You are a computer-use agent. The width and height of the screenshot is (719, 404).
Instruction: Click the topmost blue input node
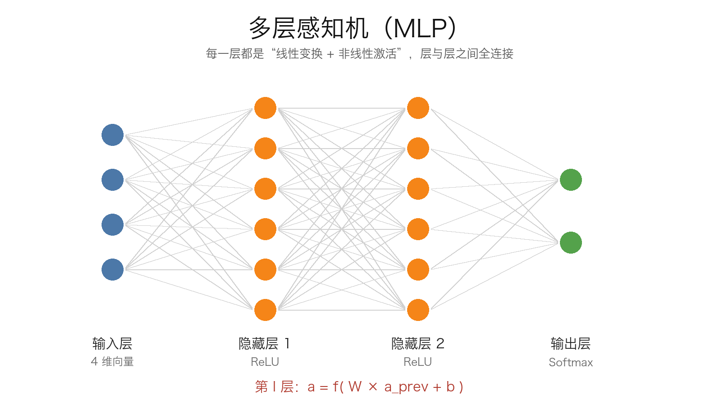click(113, 135)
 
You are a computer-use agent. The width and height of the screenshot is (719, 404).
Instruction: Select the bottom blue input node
click(113, 270)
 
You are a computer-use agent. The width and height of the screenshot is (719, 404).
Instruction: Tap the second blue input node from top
click(113, 180)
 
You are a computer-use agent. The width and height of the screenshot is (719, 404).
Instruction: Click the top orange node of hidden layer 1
click(266, 108)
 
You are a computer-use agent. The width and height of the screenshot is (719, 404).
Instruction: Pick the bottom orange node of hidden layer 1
click(266, 310)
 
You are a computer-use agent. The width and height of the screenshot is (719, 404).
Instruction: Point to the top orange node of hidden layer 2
click(418, 108)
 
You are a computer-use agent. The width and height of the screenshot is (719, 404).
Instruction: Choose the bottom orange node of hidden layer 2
click(418, 310)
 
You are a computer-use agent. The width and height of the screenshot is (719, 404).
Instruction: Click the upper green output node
click(571, 180)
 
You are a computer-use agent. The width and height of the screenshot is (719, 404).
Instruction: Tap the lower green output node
click(571, 243)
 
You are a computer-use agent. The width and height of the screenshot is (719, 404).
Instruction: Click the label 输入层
click(112, 344)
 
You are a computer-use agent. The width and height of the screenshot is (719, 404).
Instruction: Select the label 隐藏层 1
click(265, 344)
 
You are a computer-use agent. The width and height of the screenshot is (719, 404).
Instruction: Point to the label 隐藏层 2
click(417, 344)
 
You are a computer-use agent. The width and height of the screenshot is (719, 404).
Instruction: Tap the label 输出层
click(571, 344)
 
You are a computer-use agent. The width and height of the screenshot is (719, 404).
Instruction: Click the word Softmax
click(571, 362)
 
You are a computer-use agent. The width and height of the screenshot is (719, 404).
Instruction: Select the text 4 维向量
click(112, 362)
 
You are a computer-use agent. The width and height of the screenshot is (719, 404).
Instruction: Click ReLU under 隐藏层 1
click(265, 362)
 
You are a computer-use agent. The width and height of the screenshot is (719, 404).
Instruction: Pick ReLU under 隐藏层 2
click(417, 362)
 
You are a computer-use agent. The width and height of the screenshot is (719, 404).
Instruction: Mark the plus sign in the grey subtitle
click(331, 54)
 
